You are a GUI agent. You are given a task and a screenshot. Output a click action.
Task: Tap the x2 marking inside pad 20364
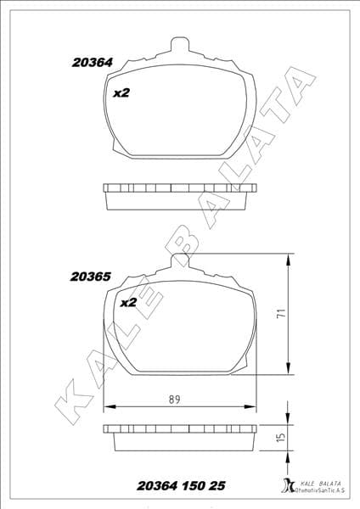point(121,94)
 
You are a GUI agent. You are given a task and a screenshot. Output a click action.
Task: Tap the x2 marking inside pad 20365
point(128,303)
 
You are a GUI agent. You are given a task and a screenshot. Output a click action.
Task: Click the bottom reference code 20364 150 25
point(181,486)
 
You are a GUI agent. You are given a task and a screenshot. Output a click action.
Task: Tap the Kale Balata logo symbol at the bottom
point(284,487)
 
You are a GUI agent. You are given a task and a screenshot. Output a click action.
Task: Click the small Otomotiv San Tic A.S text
point(320,491)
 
